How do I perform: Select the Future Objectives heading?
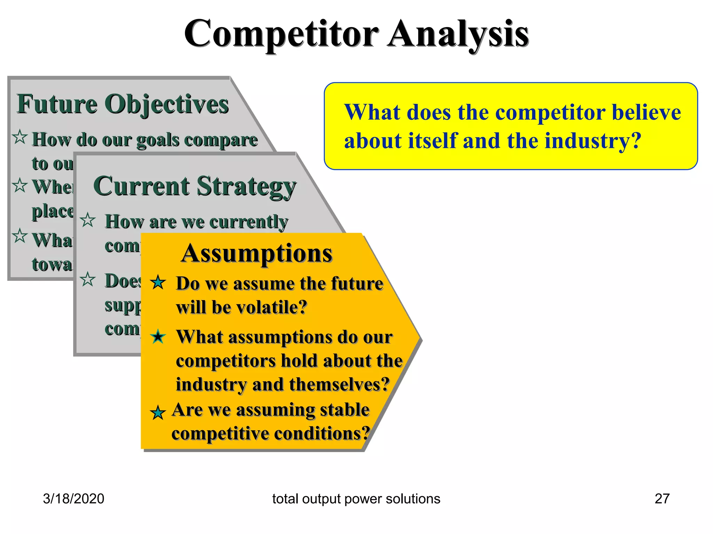coord(123,104)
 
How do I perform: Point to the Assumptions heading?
coord(257,253)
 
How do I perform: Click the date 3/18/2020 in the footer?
coord(73,499)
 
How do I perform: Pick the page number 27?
coord(662,499)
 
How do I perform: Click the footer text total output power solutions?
coord(356,499)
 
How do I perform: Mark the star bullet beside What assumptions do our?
coord(158,336)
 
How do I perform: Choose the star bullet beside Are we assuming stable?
coord(158,413)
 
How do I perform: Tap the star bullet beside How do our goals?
coord(20,137)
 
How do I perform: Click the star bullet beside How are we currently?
coord(88,220)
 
